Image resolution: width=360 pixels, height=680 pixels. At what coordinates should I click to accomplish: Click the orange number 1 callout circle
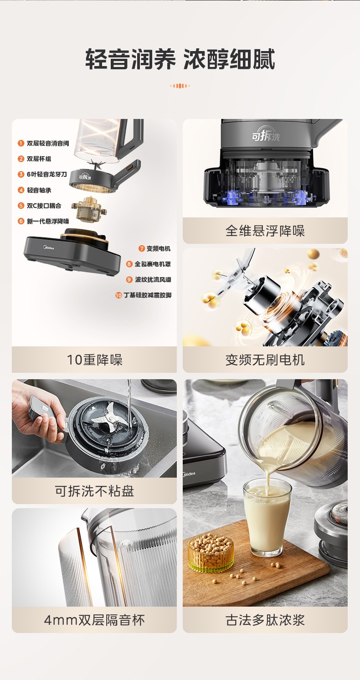point(21,143)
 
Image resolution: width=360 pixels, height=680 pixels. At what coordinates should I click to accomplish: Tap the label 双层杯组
point(39,159)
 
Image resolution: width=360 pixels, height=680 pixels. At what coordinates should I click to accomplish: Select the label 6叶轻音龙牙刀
point(47,174)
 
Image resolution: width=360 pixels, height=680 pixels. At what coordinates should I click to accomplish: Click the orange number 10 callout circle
point(118,295)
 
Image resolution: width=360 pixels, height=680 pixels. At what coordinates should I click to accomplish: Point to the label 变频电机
point(159,249)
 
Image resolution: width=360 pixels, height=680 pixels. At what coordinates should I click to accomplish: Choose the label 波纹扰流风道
point(153,279)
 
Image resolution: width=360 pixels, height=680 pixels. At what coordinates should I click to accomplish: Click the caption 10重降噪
point(95,360)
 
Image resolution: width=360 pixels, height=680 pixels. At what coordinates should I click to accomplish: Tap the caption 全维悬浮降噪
point(265,231)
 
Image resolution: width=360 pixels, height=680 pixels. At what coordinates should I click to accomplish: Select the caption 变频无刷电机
point(265,360)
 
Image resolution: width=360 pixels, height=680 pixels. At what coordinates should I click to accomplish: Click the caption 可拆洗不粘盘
point(94,491)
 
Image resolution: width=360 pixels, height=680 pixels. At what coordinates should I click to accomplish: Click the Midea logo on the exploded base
point(47,247)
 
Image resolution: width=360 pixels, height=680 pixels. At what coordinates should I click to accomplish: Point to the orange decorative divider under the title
point(180,86)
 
